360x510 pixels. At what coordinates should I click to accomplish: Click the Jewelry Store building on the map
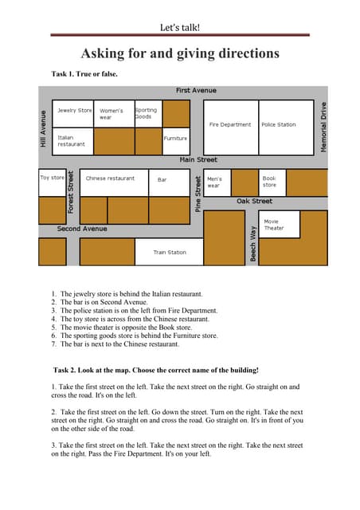(73, 113)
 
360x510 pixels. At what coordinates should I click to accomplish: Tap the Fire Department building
(230, 126)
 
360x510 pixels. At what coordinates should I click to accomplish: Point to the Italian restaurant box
(73, 140)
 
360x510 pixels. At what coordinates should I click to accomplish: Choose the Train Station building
(169, 253)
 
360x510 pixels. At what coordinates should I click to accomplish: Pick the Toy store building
(53, 182)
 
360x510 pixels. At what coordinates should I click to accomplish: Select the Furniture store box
(176, 140)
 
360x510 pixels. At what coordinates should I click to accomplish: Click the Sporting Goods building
(147, 114)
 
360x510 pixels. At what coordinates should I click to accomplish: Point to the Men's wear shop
(217, 182)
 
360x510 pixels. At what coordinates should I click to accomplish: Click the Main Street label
(198, 161)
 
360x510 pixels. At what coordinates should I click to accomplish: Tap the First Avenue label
(196, 91)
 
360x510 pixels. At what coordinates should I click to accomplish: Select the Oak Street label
(254, 202)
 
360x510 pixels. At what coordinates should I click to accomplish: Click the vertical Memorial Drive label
(324, 122)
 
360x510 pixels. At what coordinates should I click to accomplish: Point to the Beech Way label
(253, 244)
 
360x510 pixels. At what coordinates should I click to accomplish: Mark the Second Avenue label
(82, 229)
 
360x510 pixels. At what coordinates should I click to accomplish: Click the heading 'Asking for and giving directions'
(180, 54)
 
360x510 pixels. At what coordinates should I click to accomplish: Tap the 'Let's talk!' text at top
(180, 27)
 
